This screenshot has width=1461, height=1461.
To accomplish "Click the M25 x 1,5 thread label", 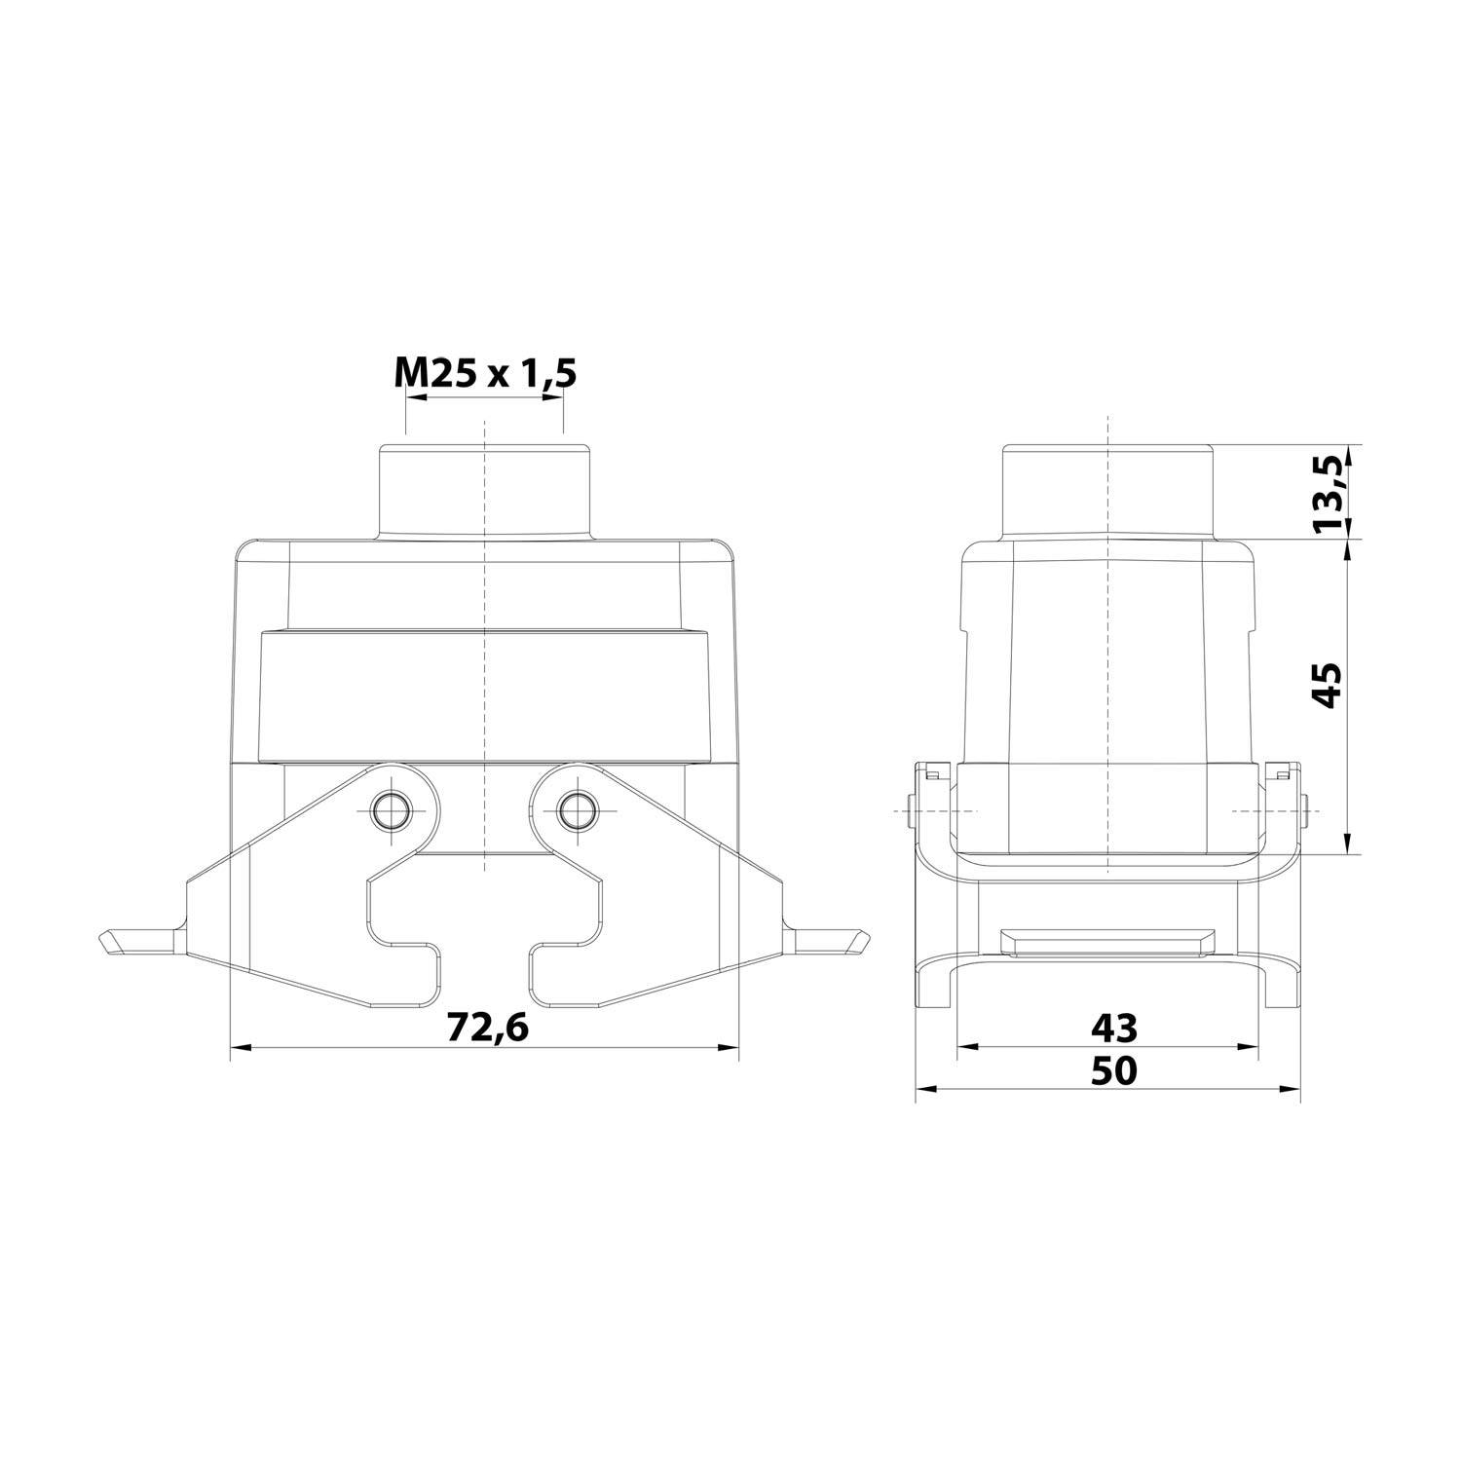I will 485,374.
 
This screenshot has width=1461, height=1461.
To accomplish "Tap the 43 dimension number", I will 1113,1027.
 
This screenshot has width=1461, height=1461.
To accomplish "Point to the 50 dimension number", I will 1113,1071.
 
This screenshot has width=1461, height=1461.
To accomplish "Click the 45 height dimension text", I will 1327,686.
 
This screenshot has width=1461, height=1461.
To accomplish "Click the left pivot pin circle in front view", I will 392,805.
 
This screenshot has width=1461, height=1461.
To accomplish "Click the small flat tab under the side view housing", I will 1108,942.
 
